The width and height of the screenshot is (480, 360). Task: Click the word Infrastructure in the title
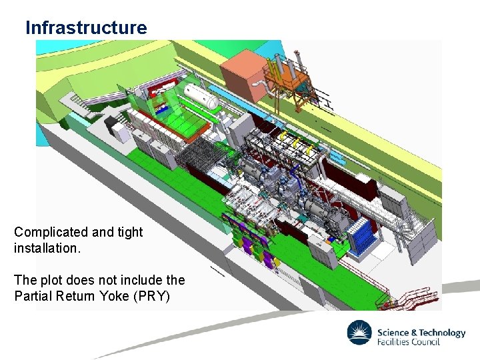tap(85, 28)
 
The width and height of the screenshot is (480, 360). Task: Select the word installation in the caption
tap(43, 248)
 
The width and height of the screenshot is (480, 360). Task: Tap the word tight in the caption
tap(129, 232)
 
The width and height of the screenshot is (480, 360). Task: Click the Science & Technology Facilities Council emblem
tap(360, 334)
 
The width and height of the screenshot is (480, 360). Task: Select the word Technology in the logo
tap(441, 333)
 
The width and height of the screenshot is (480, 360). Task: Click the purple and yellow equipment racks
tap(252, 240)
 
